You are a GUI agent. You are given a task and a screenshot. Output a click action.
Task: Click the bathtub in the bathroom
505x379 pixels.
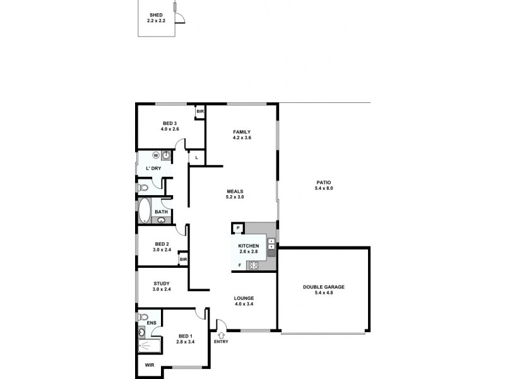[144, 210]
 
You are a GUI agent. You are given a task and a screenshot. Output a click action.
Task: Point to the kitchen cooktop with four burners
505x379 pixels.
[254, 265]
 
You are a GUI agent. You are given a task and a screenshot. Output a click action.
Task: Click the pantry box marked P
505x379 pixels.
[238, 228]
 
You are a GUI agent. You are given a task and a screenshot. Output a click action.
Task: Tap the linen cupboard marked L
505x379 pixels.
[197, 157]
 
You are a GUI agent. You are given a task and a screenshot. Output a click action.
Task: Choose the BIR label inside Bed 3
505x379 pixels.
[200, 112]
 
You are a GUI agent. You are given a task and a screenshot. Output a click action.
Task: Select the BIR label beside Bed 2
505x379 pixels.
[183, 259]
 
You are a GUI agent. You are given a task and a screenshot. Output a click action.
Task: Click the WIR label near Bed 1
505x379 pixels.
[150, 365]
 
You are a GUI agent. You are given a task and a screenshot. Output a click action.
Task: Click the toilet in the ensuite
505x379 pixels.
[143, 316]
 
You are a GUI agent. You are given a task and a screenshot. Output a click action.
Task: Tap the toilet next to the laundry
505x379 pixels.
[143, 188]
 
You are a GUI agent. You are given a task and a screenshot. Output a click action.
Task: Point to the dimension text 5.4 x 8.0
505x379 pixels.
[324, 189]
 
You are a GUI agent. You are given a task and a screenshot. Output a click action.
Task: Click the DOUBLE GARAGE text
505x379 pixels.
[324, 287]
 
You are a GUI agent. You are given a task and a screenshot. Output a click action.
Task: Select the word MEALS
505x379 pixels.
[235, 191]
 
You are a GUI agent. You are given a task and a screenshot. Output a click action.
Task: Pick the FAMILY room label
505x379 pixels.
[242, 131]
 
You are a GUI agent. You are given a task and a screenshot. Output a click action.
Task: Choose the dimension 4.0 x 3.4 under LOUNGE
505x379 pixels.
[244, 304]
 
